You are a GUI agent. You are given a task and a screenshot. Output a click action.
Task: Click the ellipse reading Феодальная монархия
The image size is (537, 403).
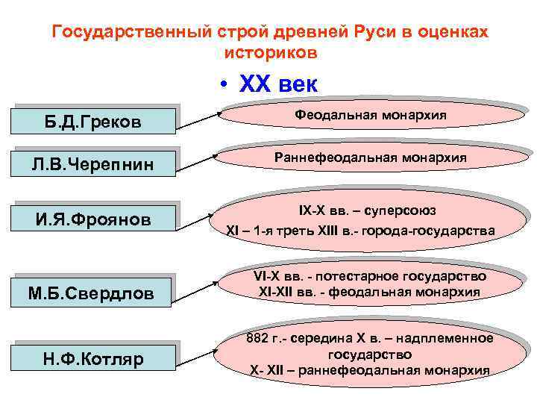[x=371, y=116]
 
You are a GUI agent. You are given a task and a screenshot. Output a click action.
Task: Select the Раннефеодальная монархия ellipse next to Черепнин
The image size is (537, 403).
[x=371, y=158]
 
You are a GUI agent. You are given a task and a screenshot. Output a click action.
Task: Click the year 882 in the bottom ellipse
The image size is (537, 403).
[x=259, y=339]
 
